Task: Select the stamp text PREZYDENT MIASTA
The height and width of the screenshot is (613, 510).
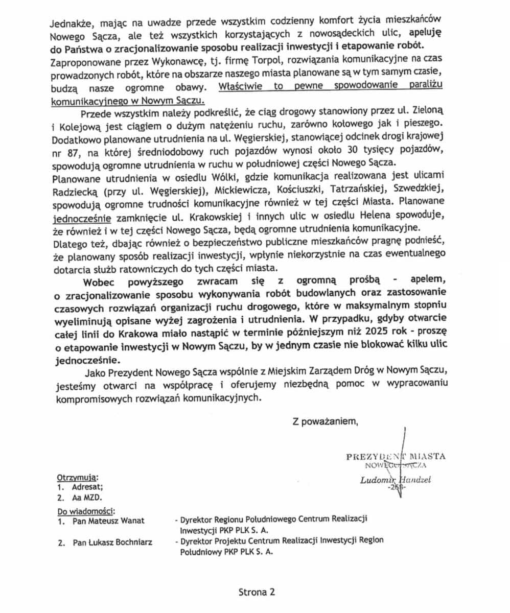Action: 396,456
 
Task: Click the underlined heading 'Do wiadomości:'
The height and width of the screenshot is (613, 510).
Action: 86,510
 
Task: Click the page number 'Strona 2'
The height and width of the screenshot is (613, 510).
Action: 257,593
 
